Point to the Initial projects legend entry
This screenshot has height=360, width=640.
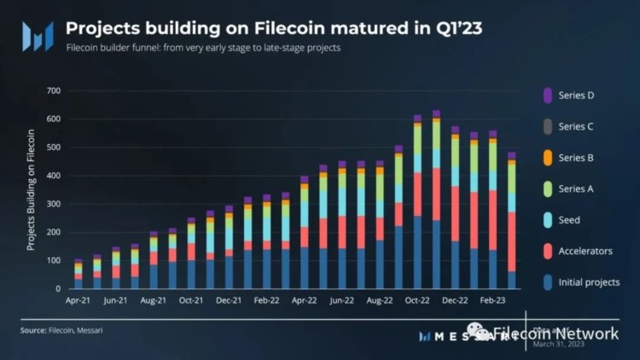click(x=587, y=282)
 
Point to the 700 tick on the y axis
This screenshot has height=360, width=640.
click(x=53, y=90)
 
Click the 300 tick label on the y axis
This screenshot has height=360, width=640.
click(x=53, y=204)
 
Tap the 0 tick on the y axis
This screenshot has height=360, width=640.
click(x=58, y=289)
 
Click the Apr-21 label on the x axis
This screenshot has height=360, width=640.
click(x=79, y=301)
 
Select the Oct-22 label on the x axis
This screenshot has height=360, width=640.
click(x=417, y=301)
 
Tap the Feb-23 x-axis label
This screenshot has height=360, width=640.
click(x=492, y=301)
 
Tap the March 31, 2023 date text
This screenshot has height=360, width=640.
click(x=559, y=344)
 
